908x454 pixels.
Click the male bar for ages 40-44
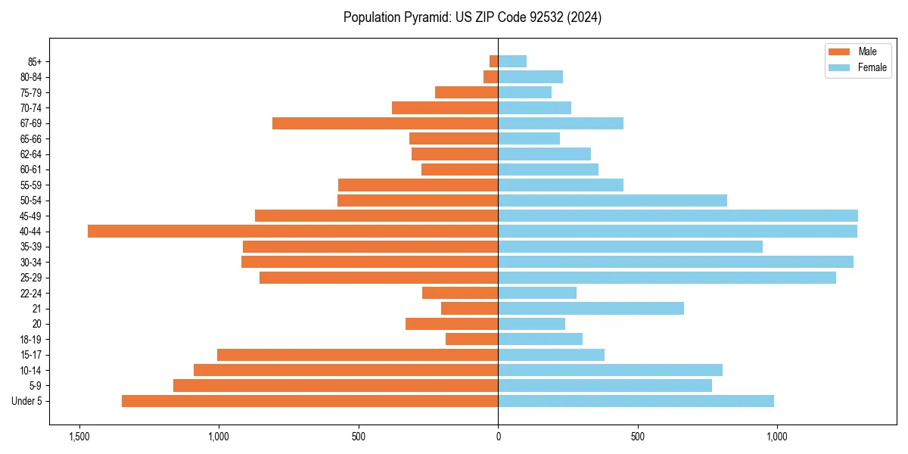tap(293, 232)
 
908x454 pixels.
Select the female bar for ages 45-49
tap(678, 216)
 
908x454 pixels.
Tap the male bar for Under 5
tap(309, 401)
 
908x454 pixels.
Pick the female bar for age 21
tap(591, 309)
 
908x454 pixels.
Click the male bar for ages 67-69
tap(385, 123)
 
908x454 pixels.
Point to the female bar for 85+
tap(512, 61)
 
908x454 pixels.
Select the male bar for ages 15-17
tap(357, 355)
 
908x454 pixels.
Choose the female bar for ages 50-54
tap(612, 201)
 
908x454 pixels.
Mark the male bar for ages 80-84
tap(491, 77)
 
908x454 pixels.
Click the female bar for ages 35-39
tap(630, 247)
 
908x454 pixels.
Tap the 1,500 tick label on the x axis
tap(79, 437)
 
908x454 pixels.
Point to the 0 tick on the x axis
tap(498, 437)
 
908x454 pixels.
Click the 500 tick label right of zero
tap(638, 437)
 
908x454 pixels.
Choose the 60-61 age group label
tap(31, 169)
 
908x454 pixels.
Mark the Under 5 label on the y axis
tap(27, 401)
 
